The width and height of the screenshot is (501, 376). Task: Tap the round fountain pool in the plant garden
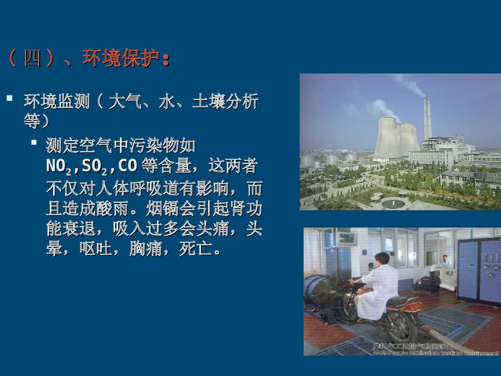(394, 203)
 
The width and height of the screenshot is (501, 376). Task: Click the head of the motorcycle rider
(382, 258)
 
